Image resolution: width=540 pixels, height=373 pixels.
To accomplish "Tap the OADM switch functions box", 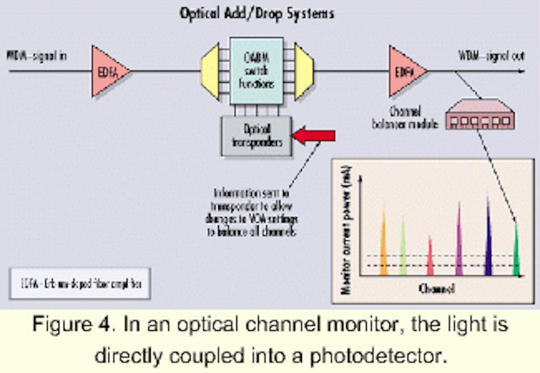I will click(x=256, y=70).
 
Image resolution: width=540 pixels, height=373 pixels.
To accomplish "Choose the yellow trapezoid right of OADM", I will click(x=302, y=71).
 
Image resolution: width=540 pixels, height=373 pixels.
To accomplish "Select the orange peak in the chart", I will click(x=384, y=245).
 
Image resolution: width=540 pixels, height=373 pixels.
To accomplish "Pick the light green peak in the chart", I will click(x=403, y=248).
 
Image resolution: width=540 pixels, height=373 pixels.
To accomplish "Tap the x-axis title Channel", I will click(x=437, y=289).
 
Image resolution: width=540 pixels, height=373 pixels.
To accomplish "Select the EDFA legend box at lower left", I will click(x=80, y=283).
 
